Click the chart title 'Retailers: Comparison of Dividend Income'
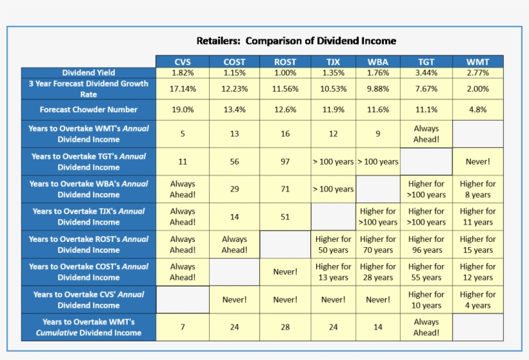tap(296, 41)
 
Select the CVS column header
tap(183, 62)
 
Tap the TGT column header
tap(426, 62)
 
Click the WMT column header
tap(477, 62)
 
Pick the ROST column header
tap(285, 62)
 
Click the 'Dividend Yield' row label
tap(88, 73)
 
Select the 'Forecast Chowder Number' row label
tap(88, 110)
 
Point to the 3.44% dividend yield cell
tap(426, 73)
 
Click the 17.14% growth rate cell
tap(183, 89)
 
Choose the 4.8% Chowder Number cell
tap(477, 110)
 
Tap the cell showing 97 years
tap(285, 161)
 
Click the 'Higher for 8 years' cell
tap(477, 189)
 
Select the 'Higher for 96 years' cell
tap(426, 245)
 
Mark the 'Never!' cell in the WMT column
tap(477, 161)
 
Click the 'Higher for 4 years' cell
tap(477, 300)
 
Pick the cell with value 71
tap(285, 189)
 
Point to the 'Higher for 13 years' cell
tap(333, 272)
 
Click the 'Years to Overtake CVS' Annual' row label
tap(88, 300)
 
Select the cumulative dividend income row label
tap(88, 327)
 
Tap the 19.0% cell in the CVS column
tap(183, 110)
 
